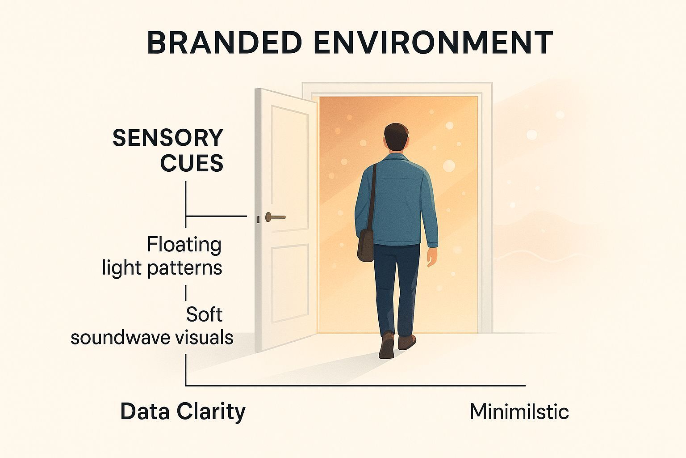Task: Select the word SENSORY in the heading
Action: tap(167, 138)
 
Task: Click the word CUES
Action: tap(192, 163)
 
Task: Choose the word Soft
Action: tap(204, 314)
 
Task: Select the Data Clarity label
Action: tap(183, 411)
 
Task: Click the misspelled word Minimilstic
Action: tap(519, 411)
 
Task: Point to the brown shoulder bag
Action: tap(366, 246)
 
